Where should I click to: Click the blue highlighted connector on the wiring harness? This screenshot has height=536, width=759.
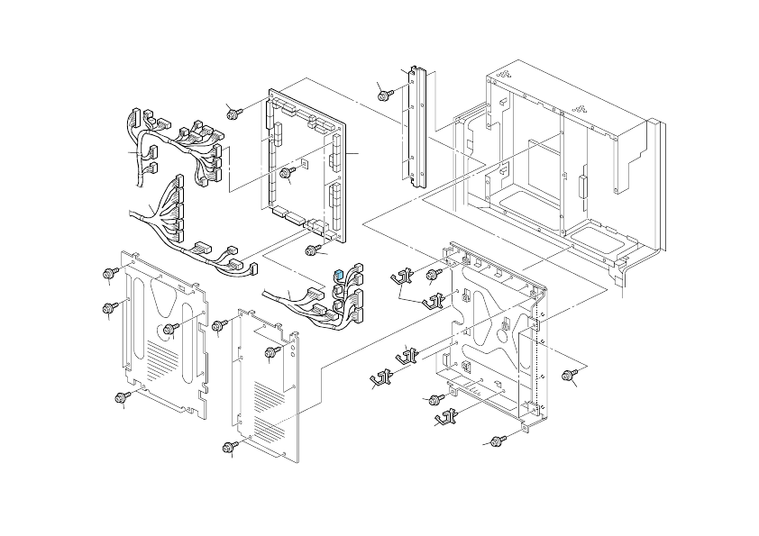(337, 274)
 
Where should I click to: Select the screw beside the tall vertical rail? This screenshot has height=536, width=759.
(384, 93)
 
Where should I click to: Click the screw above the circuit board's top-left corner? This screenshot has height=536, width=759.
(234, 112)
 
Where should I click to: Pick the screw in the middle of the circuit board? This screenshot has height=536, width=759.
(288, 172)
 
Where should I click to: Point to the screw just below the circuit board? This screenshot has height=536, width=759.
(313, 250)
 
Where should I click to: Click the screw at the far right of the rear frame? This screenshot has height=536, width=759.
(569, 375)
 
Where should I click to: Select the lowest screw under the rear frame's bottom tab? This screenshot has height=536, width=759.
(497, 441)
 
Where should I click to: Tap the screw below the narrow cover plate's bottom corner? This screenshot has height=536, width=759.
(231, 445)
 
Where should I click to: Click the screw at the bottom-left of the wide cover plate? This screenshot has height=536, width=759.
(121, 397)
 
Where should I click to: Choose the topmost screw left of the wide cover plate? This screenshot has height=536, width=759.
(108, 272)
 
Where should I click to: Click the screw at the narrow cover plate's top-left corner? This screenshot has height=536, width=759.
(217, 325)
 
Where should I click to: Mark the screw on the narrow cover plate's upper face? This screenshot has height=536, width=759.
(270, 352)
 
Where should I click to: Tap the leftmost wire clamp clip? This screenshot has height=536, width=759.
(381, 377)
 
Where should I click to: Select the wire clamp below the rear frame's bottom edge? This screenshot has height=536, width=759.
(445, 417)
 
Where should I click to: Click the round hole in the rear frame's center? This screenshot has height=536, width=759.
(498, 332)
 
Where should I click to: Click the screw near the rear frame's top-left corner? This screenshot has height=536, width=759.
(434, 273)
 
